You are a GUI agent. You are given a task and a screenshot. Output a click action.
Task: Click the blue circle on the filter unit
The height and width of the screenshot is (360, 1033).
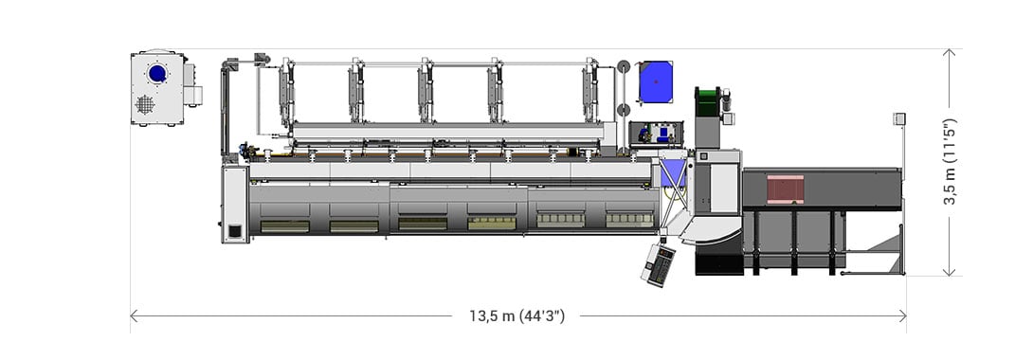157,73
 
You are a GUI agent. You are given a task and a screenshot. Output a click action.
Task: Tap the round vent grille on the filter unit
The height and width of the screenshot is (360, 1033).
144,104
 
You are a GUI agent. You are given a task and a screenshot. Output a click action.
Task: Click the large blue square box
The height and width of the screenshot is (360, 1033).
656,81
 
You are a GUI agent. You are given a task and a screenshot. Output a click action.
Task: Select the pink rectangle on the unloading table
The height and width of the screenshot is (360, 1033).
785,189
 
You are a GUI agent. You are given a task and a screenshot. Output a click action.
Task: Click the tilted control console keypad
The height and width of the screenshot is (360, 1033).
658,263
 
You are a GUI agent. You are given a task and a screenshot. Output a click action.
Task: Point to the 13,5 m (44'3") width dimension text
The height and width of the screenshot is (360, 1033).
516,316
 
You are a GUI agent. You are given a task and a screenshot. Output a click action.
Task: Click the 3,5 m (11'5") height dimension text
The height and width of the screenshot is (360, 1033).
951,161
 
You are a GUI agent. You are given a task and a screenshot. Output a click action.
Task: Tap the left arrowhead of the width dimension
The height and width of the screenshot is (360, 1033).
134,316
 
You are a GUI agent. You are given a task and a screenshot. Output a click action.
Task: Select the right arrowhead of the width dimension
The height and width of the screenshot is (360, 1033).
902,316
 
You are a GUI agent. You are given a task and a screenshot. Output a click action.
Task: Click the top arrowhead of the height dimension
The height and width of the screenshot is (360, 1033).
949,54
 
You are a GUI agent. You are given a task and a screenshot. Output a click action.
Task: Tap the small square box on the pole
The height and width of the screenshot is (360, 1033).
899,118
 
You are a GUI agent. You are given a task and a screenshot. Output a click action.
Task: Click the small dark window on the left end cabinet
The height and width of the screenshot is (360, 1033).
234,230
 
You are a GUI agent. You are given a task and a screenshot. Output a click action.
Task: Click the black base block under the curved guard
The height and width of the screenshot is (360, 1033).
719,262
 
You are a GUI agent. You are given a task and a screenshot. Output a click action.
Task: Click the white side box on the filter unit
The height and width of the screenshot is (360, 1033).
192,85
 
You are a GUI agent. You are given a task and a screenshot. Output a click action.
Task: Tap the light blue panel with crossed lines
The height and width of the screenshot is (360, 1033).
673,173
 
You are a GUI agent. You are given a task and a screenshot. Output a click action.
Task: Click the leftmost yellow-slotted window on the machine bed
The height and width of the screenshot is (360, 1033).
285,225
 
